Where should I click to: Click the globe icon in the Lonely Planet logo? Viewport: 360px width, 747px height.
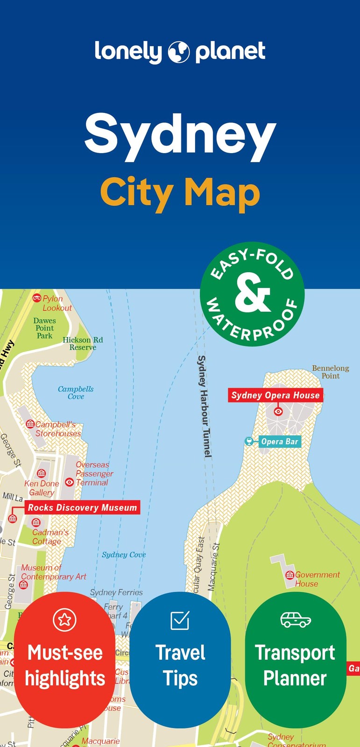[x=178, y=52]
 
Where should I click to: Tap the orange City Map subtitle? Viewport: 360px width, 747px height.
[x=180, y=192]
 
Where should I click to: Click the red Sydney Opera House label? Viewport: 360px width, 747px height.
[x=275, y=395]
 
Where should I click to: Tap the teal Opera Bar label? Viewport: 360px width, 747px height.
[x=279, y=442]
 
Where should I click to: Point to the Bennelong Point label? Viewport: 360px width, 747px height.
[x=331, y=372]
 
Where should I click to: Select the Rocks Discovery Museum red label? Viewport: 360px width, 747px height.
[x=83, y=508]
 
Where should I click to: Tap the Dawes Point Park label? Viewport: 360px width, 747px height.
[x=44, y=328]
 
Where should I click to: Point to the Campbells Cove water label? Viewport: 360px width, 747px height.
[x=76, y=393]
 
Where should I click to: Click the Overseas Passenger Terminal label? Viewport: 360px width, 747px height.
[x=94, y=473]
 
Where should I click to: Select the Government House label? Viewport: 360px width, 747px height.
[x=317, y=579]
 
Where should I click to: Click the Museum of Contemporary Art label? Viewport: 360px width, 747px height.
[x=53, y=572]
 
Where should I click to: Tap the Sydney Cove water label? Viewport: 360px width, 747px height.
[x=124, y=555]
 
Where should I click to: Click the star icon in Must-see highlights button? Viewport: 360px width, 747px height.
[x=64, y=620]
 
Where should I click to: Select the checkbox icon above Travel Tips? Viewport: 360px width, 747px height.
[x=180, y=620]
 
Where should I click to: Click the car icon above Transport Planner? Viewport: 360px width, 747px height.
[x=296, y=620]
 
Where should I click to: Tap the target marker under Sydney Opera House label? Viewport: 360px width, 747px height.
[x=278, y=411]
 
